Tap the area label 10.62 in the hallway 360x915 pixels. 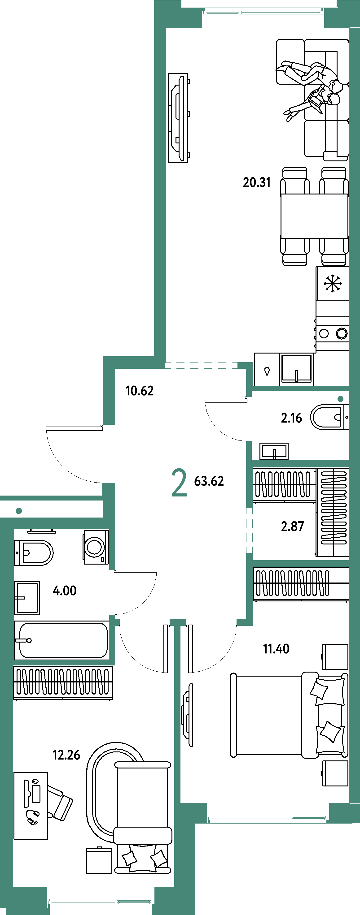[140, 391]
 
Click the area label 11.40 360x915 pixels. [276, 649]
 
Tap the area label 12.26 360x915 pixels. [66, 755]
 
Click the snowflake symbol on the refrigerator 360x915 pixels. [333, 283]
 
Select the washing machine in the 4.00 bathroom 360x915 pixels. [96, 547]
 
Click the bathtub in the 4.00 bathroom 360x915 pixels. [62, 640]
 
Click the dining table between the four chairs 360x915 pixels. [314, 216]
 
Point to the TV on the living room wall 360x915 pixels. [178, 118]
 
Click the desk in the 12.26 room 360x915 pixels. [31, 806]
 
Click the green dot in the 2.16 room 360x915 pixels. [340, 399]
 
